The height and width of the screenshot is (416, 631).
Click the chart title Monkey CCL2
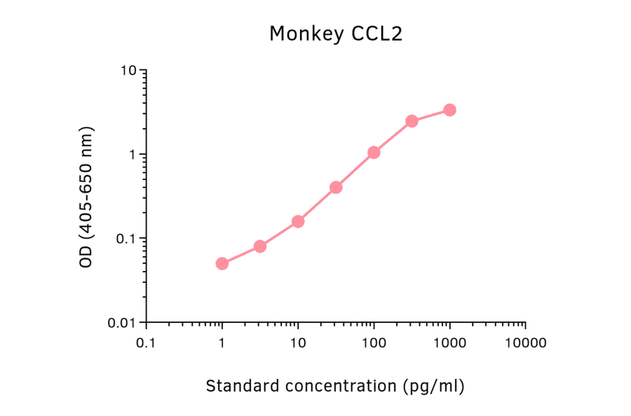(336, 34)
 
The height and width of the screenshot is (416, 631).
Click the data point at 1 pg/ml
(222, 263)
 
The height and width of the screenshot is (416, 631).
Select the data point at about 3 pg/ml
(260, 246)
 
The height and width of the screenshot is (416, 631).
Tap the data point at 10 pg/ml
(298, 221)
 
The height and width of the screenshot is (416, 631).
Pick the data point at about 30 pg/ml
(336, 187)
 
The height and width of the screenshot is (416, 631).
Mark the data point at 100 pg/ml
(374, 152)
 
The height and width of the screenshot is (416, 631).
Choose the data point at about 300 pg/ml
(412, 121)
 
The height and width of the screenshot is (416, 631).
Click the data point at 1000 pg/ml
(449, 110)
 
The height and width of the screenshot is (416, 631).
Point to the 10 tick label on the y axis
(128, 71)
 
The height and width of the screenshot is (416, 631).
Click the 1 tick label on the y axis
(132, 155)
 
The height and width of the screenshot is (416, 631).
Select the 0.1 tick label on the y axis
(125, 239)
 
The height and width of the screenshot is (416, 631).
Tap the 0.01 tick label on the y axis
(121, 323)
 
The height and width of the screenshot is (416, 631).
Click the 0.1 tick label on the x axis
(146, 343)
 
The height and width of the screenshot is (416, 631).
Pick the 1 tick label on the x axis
(222, 343)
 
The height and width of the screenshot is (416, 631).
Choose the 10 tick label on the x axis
(298, 343)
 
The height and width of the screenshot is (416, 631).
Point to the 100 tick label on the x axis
(374, 343)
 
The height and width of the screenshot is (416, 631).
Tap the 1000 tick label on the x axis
(449, 343)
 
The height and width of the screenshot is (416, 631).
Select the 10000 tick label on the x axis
(525, 343)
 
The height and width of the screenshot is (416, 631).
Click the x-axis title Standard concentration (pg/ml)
(335, 386)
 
